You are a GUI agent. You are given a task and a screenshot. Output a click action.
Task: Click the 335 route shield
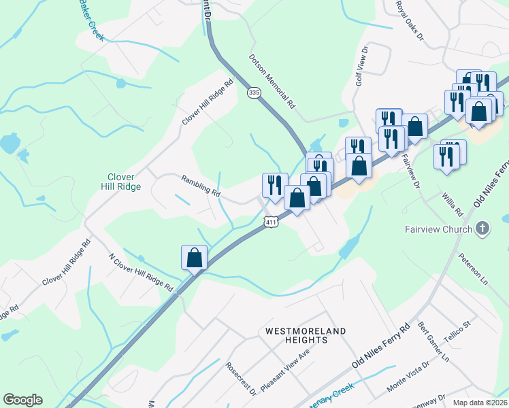coord(254,92)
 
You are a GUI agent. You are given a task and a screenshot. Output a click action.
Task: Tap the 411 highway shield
coord(272,222)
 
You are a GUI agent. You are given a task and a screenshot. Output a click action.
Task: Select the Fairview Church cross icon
coord(482,228)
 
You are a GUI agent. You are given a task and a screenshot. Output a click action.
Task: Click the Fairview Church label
coord(438,229)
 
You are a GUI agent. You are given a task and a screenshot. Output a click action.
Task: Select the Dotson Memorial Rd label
coord(272,82)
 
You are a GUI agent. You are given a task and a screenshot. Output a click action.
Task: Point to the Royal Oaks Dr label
coord(410,20)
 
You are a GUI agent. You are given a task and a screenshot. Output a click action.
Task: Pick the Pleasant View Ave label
coord(284,370)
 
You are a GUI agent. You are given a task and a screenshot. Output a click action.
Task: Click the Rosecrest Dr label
coord(242,379)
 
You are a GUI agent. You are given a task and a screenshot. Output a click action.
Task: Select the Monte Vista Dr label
coord(408,375)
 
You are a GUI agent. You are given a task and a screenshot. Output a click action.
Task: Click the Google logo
coord(22,400)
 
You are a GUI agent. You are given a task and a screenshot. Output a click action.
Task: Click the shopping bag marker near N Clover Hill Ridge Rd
coord(194,258)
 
